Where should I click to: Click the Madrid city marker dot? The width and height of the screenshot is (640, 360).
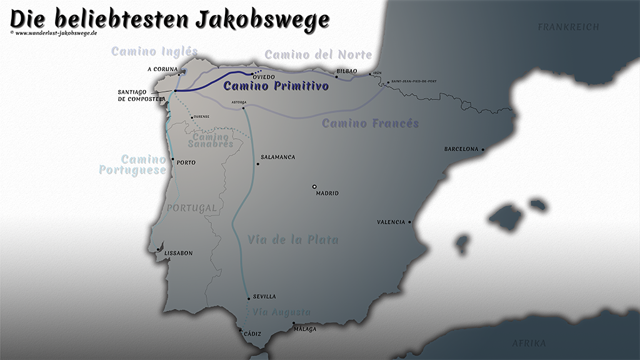coord(315,186)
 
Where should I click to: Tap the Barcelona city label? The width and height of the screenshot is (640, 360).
coord(461,149)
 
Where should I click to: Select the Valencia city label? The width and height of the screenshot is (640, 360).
coord(391,222)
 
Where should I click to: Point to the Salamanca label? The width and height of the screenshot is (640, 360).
coord(277,157)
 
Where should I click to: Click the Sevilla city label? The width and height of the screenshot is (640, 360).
coord(264,297)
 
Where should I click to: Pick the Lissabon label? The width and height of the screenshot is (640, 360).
coord(178,253)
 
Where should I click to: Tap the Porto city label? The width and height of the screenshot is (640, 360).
coord(186,163)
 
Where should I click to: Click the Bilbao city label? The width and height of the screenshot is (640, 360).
coord(347,71)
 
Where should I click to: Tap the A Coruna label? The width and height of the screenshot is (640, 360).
coord(162,69)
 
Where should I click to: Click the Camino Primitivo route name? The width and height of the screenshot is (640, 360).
coord(276,87)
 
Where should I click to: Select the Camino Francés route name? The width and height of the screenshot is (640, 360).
coord(370,124)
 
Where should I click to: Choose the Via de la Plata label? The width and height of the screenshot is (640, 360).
coord(292,239)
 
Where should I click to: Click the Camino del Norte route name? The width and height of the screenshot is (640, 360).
coord(318,55)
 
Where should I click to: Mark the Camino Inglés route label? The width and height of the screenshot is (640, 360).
coord(154,52)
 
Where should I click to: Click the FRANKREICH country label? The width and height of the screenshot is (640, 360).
coord(568,27)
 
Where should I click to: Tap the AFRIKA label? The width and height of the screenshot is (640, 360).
coord(529,344)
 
